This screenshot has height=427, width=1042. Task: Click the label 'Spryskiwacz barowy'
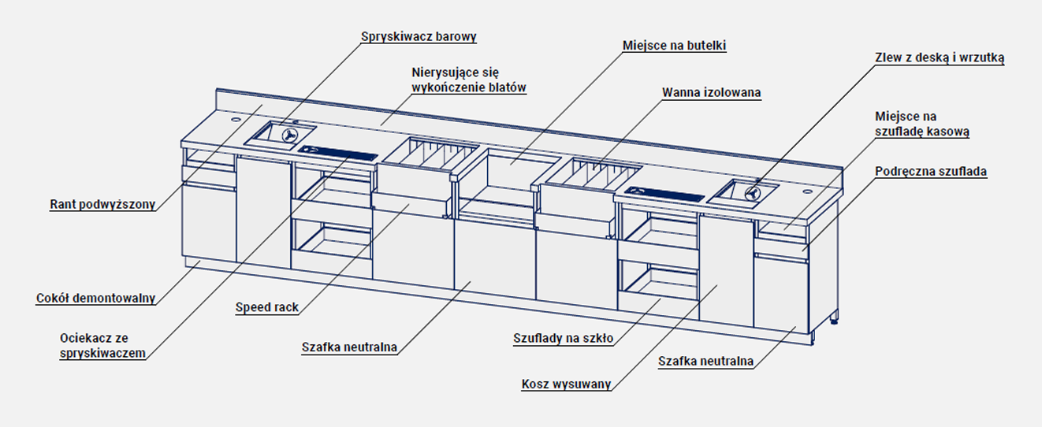(419, 36)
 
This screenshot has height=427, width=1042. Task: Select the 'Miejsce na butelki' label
(674, 46)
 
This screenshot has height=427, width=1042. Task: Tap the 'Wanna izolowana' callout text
(711, 93)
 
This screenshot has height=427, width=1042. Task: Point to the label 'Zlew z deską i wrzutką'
(939, 58)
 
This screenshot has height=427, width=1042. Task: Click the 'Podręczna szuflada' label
(931, 171)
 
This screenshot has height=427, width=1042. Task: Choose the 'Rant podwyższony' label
(102, 204)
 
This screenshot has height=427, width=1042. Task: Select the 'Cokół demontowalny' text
(95, 299)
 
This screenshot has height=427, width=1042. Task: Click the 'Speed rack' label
(267, 307)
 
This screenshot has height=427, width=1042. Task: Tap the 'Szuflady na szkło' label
(563, 339)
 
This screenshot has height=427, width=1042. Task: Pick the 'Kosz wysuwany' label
(566, 384)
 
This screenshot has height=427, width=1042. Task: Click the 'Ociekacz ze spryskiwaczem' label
(102, 346)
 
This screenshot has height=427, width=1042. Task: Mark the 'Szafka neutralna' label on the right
(705, 362)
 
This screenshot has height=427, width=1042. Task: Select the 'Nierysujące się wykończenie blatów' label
(469, 80)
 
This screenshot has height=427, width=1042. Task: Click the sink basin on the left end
(280, 134)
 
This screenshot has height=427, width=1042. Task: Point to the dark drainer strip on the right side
(663, 191)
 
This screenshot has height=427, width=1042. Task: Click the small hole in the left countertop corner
(236, 121)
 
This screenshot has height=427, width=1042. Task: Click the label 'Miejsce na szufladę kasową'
(921, 124)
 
